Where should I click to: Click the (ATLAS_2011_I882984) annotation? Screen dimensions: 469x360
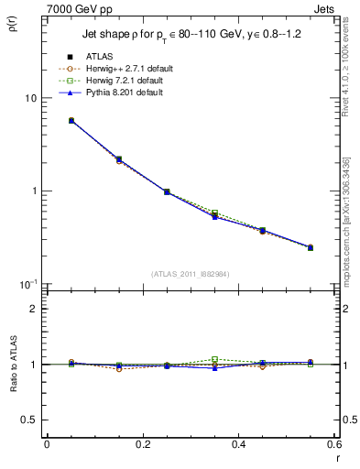pyautogui.click(x=191, y=273)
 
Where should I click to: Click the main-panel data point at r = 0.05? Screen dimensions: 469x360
pyautogui.click(x=71, y=120)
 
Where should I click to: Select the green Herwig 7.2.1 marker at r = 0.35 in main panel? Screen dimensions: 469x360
pyautogui.click(x=214, y=213)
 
